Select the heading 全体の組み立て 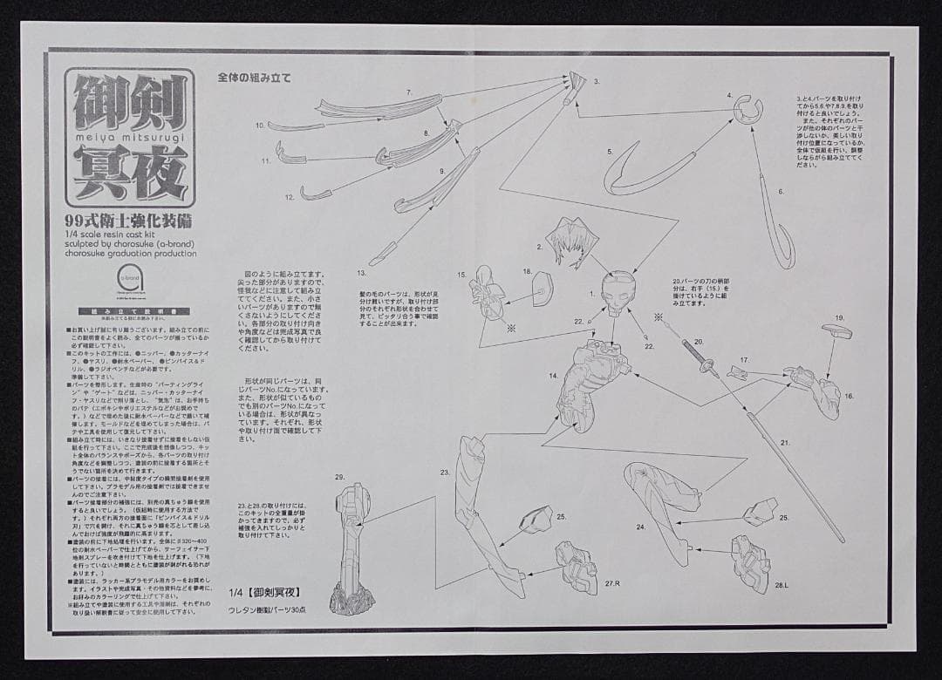[255, 77]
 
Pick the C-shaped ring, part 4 [748, 110]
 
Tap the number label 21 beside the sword [785, 443]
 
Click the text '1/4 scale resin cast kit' [113, 233]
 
